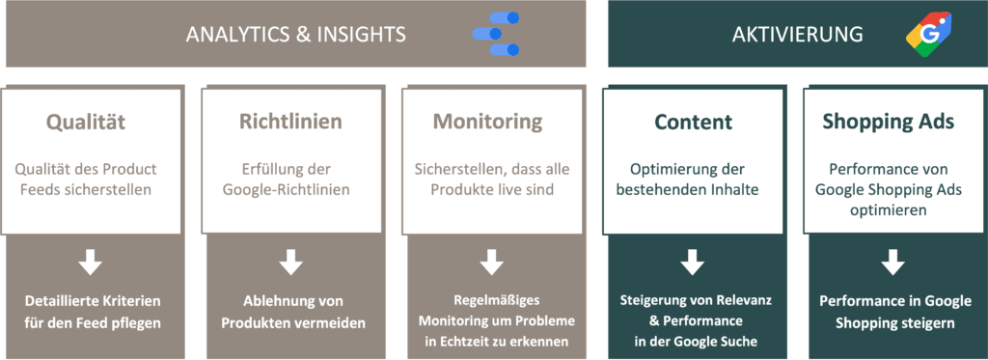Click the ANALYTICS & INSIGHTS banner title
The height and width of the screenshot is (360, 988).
coord(295,34)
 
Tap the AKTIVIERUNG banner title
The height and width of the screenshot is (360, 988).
coord(798,34)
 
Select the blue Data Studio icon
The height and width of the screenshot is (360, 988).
coord(496,34)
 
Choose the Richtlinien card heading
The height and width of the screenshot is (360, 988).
coord(291,122)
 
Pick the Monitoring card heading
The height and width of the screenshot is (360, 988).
coord(487,122)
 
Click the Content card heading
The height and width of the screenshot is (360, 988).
coord(693,122)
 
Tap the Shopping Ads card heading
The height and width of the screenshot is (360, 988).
coord(889,122)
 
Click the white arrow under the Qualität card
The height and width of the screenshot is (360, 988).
coord(91,263)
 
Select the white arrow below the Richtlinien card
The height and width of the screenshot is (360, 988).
coord(291,263)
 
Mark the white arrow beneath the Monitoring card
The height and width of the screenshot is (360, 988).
coord(491,263)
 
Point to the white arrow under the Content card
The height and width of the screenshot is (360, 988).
coord(692,263)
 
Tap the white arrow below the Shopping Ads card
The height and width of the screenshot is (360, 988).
coord(892,263)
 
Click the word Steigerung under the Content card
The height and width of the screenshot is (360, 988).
coord(652,301)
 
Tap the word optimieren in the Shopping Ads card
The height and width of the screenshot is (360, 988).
coord(889,210)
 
